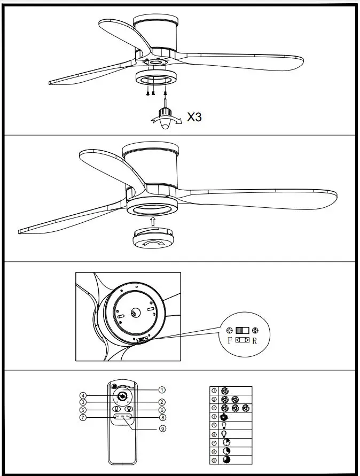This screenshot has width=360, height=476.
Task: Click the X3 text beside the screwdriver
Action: pyautogui.click(x=194, y=117)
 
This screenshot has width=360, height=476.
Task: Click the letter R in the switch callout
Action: pyautogui.click(x=255, y=340)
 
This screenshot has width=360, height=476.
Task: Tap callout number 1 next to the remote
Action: pyautogui.click(x=161, y=390)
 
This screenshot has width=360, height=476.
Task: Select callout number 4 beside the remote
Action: pyautogui.click(x=83, y=396)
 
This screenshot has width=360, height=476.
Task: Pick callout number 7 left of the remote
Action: pyautogui.click(x=83, y=417)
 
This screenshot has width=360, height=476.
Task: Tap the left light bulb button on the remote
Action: pyautogui.click(x=116, y=409)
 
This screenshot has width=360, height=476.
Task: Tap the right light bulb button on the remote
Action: pyautogui.click(x=129, y=409)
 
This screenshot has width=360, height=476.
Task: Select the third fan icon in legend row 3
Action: pyautogui.click(x=246, y=408)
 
